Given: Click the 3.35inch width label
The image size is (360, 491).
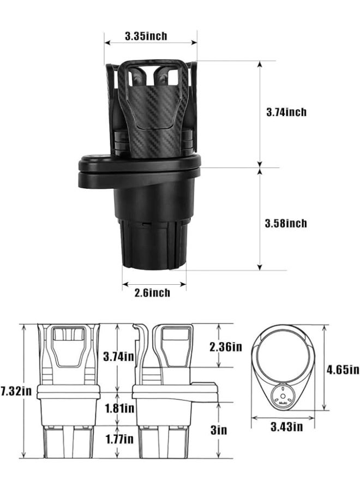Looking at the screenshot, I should point(146,37).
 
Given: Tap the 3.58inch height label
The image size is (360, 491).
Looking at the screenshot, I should point(286,223).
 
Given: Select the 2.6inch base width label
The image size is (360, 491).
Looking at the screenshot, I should point(152,293).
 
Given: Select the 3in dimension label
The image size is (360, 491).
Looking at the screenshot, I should point(219,430).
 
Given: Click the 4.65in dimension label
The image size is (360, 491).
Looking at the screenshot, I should point(343,369).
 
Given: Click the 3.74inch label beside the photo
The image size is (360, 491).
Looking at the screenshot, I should point(286,112).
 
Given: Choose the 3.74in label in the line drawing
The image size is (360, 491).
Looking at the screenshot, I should point(118,356).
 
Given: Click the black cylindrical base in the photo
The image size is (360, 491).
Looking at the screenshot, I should point(153,229).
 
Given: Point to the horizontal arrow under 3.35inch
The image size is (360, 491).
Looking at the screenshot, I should point(151,42).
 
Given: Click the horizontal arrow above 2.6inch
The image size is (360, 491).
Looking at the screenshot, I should point(154,284).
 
